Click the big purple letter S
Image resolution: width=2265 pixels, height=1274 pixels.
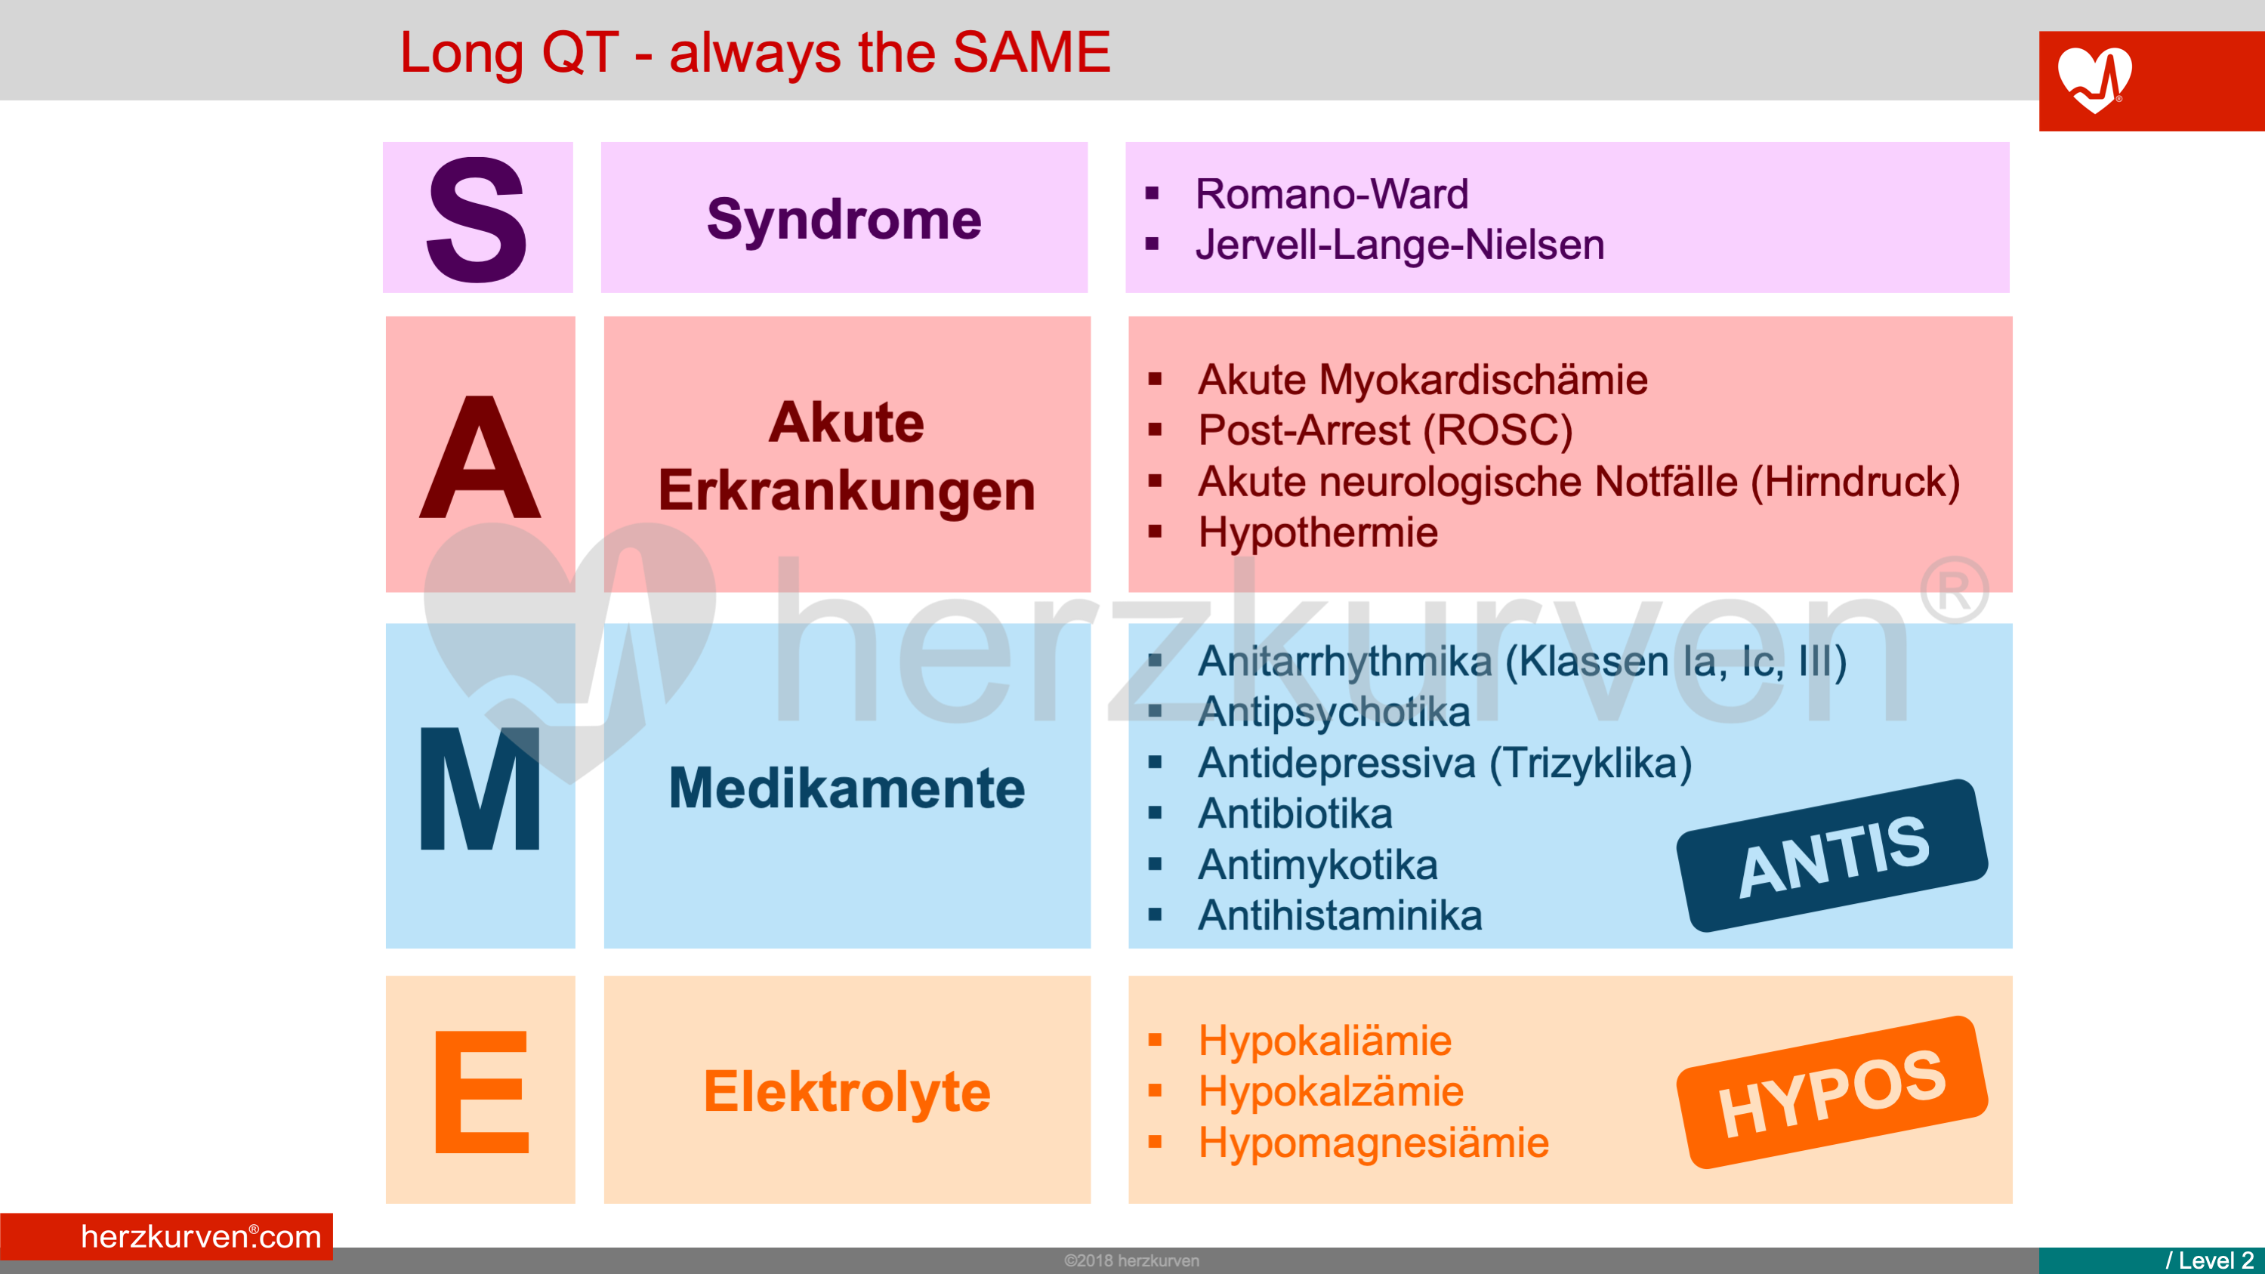click(x=477, y=219)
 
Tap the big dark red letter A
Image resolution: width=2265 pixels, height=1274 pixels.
click(x=480, y=457)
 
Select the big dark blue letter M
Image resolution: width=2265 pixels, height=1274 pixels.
click(x=480, y=788)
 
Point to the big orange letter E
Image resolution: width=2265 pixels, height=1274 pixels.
click(x=482, y=1091)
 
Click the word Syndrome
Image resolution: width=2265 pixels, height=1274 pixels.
click(x=844, y=219)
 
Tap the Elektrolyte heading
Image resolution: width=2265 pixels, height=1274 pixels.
click(x=847, y=1091)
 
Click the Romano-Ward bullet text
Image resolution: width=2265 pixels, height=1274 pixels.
click(x=1332, y=193)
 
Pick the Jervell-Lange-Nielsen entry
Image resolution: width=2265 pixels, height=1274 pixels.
click(x=1399, y=245)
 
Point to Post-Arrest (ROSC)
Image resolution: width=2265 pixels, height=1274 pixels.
click(x=1385, y=430)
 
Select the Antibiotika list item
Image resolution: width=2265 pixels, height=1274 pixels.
click(x=1295, y=813)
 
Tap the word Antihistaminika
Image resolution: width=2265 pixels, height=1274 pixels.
click(x=1340, y=915)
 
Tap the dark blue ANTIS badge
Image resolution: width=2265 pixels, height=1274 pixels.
click(x=1832, y=855)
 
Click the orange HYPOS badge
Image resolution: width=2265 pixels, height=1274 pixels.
click(x=1832, y=1092)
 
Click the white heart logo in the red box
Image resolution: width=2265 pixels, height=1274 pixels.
click(x=2094, y=79)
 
